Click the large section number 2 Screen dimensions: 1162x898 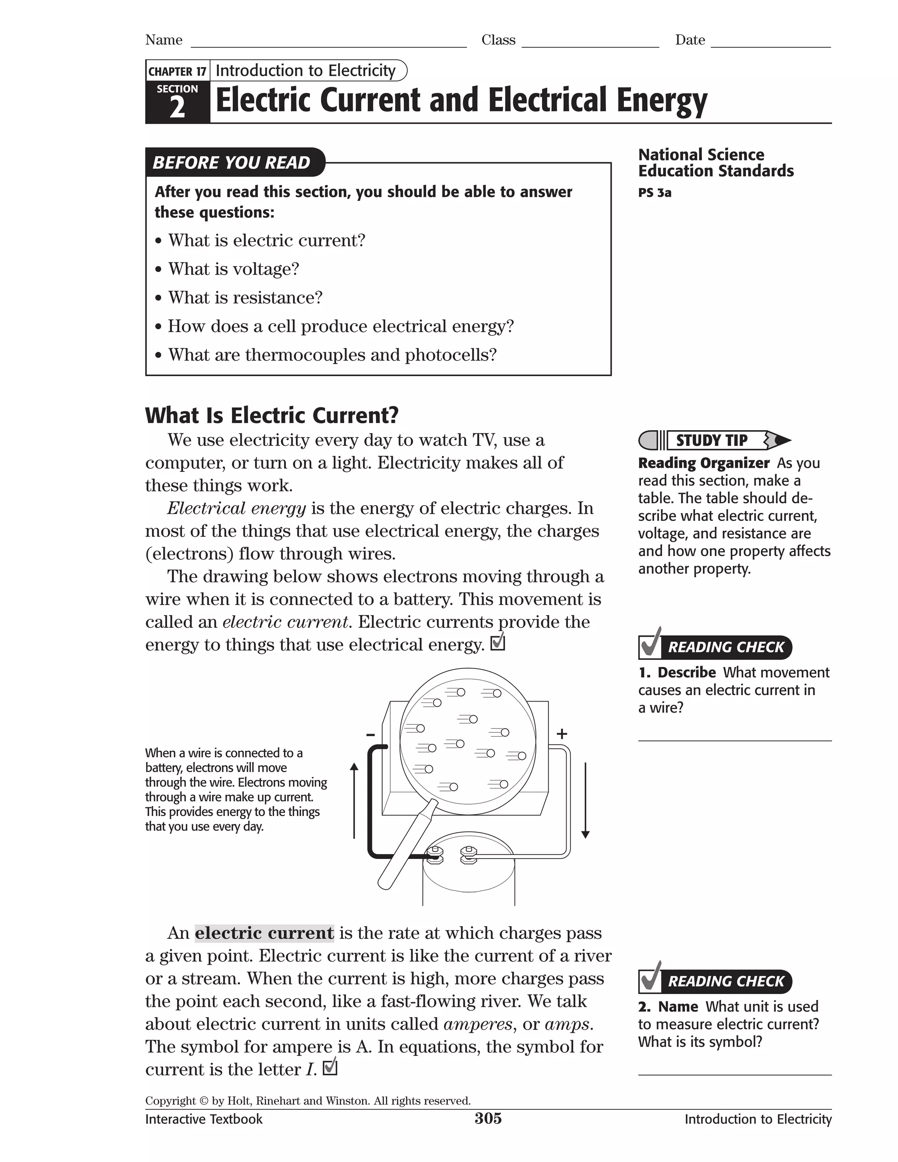[177, 108]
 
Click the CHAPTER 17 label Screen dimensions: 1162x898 [177, 71]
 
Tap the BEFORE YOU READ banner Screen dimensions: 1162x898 [232, 162]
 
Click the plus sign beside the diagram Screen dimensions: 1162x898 [562, 734]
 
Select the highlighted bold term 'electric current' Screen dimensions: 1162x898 [264, 933]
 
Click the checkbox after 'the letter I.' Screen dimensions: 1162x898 [330, 1067]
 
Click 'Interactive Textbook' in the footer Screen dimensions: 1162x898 [204, 1119]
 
